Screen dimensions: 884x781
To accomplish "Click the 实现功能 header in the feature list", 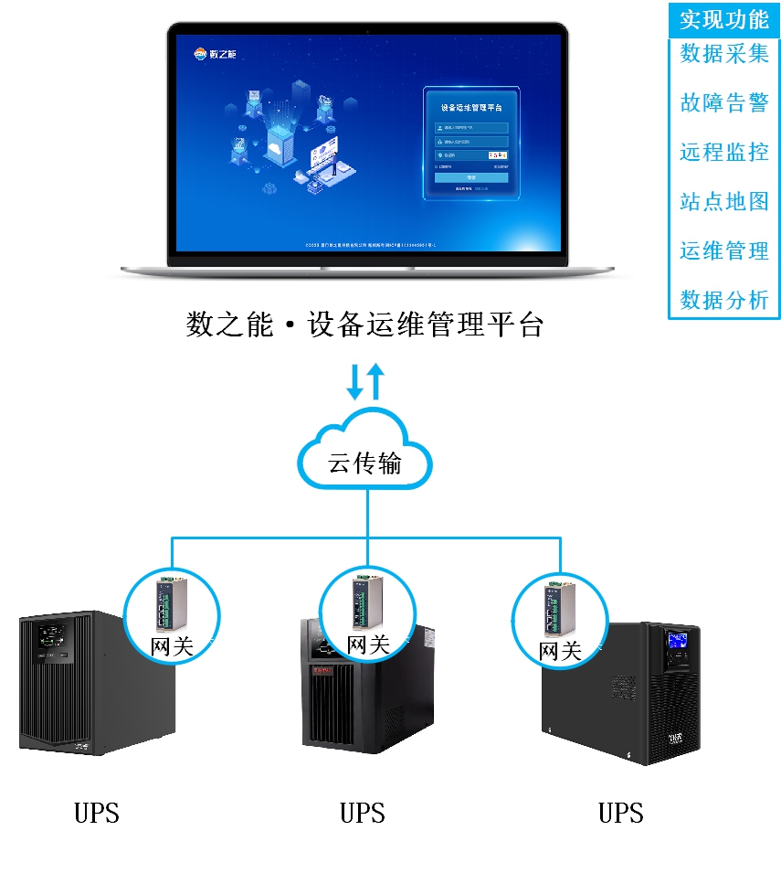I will click(723, 19).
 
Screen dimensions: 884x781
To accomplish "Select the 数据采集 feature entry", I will click(723, 54).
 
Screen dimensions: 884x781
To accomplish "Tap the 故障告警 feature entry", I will click(723, 103).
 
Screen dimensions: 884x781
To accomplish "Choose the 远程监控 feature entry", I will click(723, 153).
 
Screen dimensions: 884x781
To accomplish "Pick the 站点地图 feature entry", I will click(723, 202).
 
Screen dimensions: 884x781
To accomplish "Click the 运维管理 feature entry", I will click(723, 250).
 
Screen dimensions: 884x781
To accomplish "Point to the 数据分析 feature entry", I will click(723, 300).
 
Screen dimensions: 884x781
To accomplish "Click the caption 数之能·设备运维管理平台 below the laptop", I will click(364, 325).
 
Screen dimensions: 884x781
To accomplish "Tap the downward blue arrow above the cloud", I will click(354, 383).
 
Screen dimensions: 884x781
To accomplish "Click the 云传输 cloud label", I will click(365, 463).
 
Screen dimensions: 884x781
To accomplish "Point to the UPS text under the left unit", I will click(97, 813).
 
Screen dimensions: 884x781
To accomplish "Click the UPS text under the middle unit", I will click(363, 813).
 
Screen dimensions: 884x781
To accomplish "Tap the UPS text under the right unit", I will click(621, 813).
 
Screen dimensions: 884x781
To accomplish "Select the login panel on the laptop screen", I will click(471, 144).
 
